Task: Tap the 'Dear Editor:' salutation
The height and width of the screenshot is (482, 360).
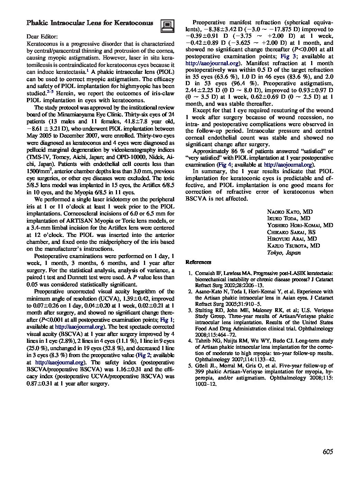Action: [x=42, y=37]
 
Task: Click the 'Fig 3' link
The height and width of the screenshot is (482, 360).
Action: [x=288, y=56]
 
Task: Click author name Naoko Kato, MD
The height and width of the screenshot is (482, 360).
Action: [x=290, y=212]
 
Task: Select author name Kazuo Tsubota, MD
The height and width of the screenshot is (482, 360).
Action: [x=293, y=246]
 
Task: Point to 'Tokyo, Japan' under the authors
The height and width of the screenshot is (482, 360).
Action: [x=283, y=252]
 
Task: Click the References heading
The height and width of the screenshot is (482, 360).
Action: [x=198, y=262]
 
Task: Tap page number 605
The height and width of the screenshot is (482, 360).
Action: [x=327, y=452]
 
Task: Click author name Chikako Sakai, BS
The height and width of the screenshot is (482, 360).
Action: [x=291, y=232]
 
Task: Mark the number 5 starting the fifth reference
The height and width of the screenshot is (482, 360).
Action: [x=190, y=365]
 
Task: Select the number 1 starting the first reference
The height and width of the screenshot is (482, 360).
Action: [x=190, y=273]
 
